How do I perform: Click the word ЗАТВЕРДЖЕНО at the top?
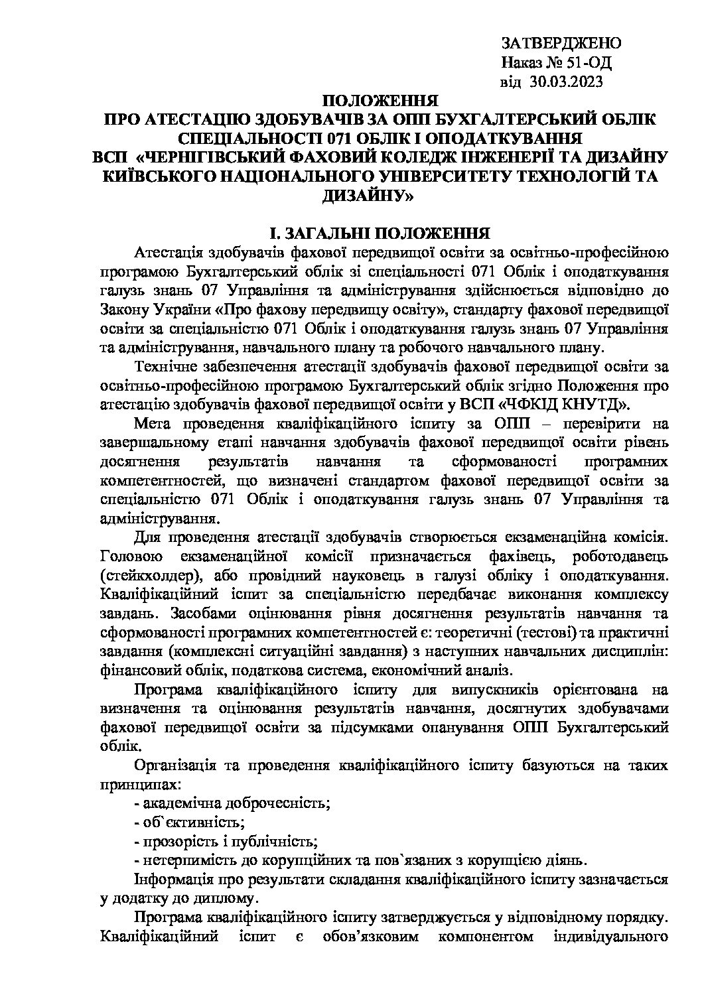tap(561, 44)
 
